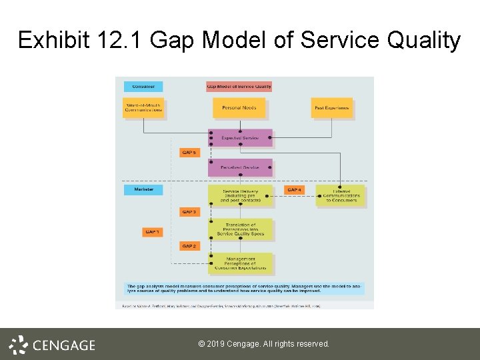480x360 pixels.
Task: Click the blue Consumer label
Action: (x=143, y=87)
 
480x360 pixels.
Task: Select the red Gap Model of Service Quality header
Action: (x=239, y=87)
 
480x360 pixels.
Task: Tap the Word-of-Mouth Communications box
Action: (x=143, y=108)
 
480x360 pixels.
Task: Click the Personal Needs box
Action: (x=239, y=108)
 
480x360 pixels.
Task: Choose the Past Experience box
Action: (x=331, y=108)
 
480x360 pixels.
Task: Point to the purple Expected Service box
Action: (x=240, y=138)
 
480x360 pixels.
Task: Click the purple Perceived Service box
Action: (x=240, y=167)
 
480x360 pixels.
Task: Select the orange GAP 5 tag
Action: (x=189, y=153)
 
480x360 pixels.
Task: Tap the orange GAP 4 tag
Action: (x=294, y=190)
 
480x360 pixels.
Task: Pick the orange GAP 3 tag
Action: (x=189, y=212)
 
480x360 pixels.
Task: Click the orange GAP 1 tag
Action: (x=152, y=232)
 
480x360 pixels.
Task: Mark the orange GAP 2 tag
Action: (x=189, y=246)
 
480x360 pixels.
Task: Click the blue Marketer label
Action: (x=143, y=190)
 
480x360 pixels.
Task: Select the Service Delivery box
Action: (x=240, y=195)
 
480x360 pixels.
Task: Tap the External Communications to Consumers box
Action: (x=340, y=195)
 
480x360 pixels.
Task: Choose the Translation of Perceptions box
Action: (x=240, y=229)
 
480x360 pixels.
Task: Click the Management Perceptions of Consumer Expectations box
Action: (x=240, y=264)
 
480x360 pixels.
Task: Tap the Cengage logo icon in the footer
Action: (x=18, y=345)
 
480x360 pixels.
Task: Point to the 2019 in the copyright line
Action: (x=216, y=344)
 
